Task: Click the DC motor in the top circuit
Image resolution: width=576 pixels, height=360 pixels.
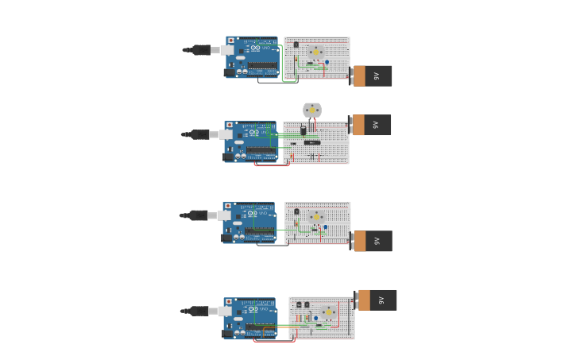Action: point(315,52)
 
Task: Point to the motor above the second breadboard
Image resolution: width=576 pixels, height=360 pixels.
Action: point(312,110)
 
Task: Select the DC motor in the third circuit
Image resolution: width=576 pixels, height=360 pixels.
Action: point(316,216)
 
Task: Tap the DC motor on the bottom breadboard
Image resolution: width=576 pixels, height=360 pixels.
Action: point(328,312)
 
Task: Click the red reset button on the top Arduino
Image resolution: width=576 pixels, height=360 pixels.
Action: point(231,41)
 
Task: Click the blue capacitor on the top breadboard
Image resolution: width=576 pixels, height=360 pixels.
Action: point(327,62)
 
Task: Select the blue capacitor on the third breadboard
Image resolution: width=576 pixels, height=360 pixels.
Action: point(325,226)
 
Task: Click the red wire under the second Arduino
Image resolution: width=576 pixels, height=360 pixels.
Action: point(270,165)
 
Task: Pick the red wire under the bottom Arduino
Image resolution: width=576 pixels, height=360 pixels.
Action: point(274,341)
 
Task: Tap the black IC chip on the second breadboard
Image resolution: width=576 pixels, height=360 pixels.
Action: point(312,142)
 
